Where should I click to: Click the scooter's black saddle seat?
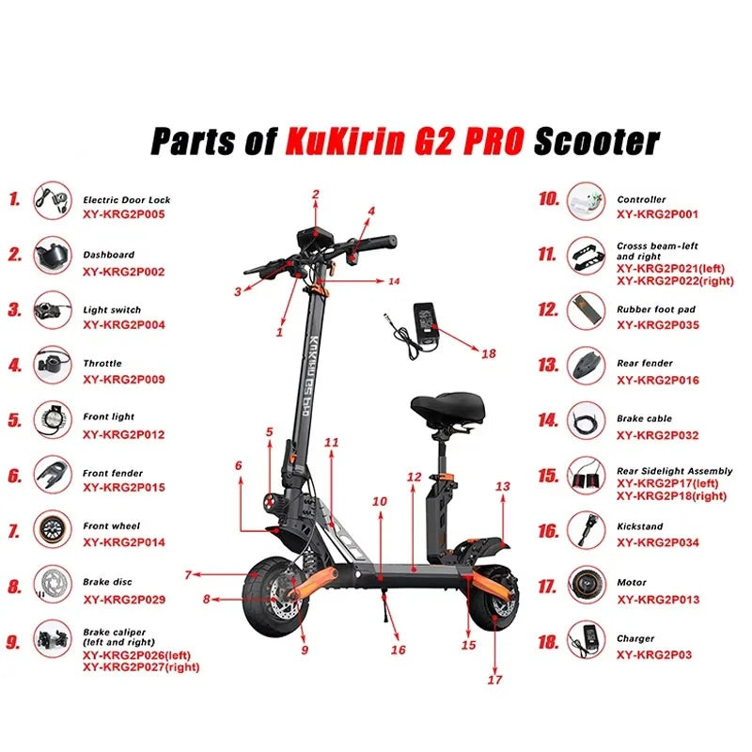(x=447, y=408)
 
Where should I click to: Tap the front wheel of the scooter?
(x=274, y=596)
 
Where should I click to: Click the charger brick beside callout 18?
(x=427, y=321)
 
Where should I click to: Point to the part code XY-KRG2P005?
(x=124, y=214)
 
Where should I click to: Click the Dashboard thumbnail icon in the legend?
(x=53, y=255)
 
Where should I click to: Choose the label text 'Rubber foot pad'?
(x=655, y=309)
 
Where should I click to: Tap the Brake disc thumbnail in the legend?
(x=53, y=584)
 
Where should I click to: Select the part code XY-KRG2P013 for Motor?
(x=658, y=600)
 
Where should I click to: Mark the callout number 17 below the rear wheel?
(x=494, y=680)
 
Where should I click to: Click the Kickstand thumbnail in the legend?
(x=586, y=530)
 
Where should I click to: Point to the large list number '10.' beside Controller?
(x=549, y=198)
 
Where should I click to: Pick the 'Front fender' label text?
(x=113, y=473)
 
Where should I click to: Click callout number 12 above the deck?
(x=414, y=478)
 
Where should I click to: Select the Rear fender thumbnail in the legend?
(x=586, y=366)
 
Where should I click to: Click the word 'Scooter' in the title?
(x=597, y=142)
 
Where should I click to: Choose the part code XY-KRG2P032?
(x=657, y=435)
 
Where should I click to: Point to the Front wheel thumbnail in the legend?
(x=53, y=529)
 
